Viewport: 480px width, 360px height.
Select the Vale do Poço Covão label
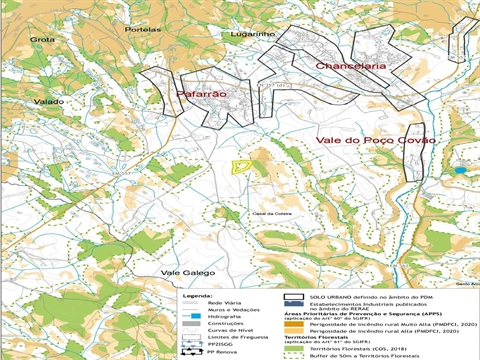376,140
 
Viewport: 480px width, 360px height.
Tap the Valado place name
48,102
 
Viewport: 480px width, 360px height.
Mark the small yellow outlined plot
240,167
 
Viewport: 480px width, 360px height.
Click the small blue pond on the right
460,171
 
